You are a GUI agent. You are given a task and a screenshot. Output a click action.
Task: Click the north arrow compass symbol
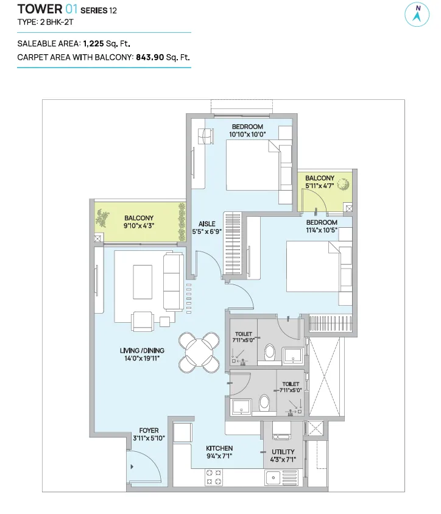coord(417,15)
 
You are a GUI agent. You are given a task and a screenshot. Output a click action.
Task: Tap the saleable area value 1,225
coord(93,44)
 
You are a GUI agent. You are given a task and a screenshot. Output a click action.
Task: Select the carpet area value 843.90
coord(150,57)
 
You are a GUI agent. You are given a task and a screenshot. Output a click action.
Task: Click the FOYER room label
coord(149,431)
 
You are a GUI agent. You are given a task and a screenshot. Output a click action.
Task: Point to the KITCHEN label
coord(219,448)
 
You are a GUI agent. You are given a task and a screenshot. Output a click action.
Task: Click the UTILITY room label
coord(283,452)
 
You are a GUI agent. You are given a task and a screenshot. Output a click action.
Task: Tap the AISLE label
coord(207,224)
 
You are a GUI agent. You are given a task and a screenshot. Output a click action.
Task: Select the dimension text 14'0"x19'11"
coord(142,358)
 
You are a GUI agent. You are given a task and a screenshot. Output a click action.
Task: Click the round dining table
coord(199,353)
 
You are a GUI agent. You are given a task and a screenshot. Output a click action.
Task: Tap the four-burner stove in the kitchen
coord(213,477)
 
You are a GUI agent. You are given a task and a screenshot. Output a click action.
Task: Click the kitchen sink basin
coord(273,478)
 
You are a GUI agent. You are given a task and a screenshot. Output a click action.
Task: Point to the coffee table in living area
coord(143,282)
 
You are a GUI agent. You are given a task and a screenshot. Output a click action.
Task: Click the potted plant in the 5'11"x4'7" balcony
coord(343,185)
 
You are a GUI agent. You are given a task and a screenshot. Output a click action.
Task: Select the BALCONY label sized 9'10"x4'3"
coord(139,218)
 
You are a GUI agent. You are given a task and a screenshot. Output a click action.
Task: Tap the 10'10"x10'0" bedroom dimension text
coord(247,135)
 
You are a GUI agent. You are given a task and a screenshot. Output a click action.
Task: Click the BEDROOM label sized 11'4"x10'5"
coord(322,222)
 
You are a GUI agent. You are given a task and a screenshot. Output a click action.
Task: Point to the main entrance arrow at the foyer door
coord(132,466)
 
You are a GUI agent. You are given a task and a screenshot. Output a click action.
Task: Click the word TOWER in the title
coord(40,9)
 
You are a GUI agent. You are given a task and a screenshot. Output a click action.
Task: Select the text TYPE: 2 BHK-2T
coord(45,23)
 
